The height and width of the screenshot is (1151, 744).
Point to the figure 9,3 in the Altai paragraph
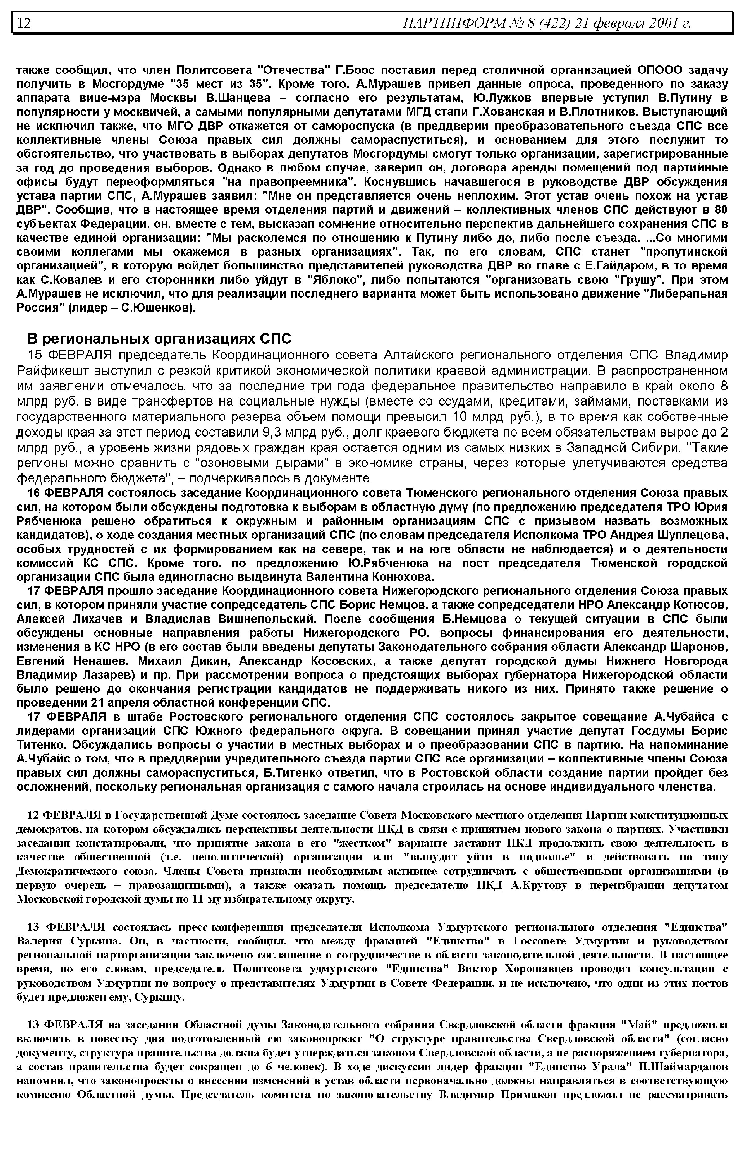[x=272, y=432]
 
